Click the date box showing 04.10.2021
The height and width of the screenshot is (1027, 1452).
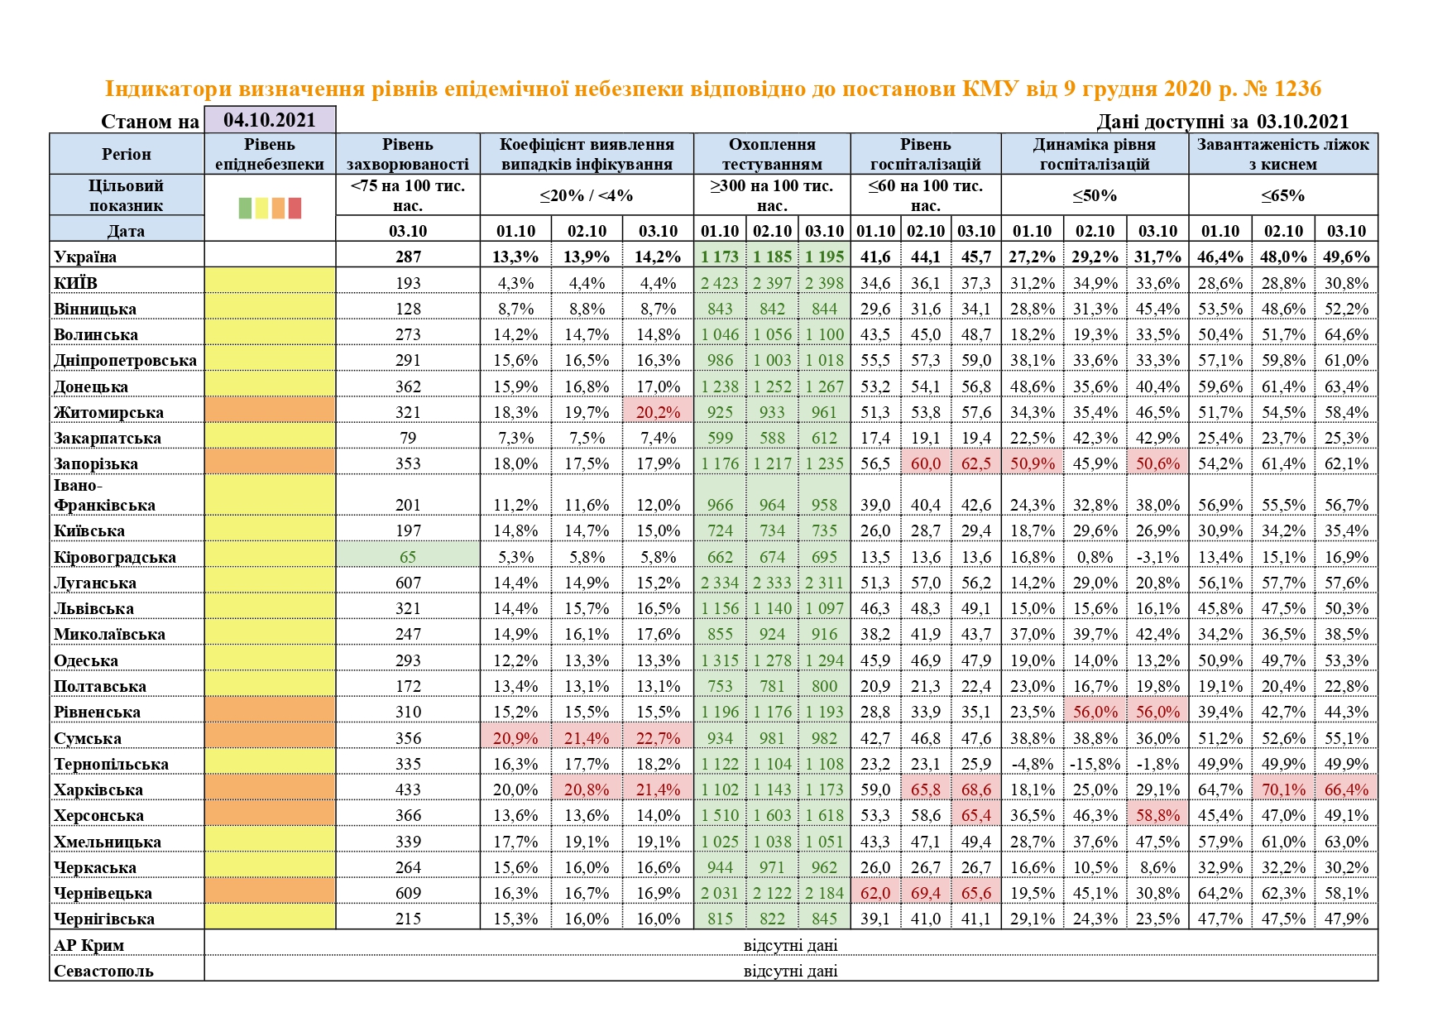[x=270, y=120]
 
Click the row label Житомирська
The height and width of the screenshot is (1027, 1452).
[x=108, y=412]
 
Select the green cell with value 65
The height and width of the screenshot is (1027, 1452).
[x=408, y=557]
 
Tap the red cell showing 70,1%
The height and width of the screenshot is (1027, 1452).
[x=1283, y=789]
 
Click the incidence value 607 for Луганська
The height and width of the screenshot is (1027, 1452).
[x=408, y=583]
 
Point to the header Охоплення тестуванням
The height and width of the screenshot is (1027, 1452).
[x=772, y=154]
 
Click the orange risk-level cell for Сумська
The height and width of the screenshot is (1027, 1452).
[x=270, y=738]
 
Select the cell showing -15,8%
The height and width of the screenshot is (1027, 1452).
[x=1095, y=764]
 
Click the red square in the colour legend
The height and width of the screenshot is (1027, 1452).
[x=294, y=208]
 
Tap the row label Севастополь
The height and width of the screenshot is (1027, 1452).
[x=103, y=971]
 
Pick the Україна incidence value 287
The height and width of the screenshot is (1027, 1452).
[x=408, y=257]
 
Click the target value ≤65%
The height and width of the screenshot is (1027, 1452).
[x=1283, y=195]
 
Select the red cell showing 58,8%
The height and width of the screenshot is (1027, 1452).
[x=1157, y=815]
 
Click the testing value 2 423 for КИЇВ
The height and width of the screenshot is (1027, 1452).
[x=720, y=283]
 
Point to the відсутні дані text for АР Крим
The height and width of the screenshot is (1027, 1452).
[x=790, y=945]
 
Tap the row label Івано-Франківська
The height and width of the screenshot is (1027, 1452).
[x=104, y=495]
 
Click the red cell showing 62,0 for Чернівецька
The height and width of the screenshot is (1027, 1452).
[x=875, y=893]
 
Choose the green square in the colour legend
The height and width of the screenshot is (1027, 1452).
[x=245, y=208]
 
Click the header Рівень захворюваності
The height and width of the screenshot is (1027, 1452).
[x=408, y=154]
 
